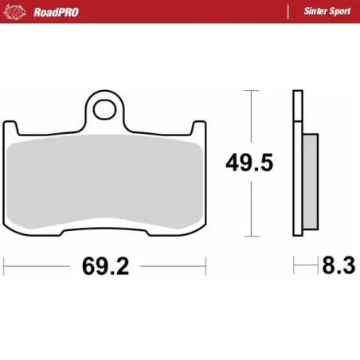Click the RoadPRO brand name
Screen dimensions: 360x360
coord(55,11)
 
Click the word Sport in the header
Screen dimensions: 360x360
coord(338,11)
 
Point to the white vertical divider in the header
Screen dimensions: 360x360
coord(287,11)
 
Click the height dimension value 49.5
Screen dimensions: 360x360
coord(249,162)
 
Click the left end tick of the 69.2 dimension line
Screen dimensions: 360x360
coord(5,264)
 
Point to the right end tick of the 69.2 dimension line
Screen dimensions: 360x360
coord(206,264)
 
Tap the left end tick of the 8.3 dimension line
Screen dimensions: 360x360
coord(294,264)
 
